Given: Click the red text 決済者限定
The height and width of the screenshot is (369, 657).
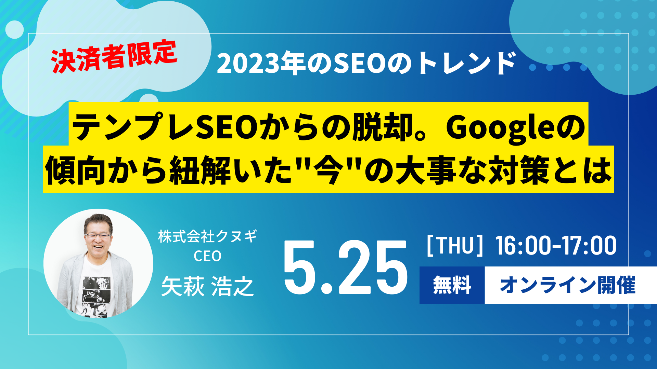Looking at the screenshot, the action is coord(114,56).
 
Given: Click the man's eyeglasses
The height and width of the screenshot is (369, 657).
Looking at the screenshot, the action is coord(98,235).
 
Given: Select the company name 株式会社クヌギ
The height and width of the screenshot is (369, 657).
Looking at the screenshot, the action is coord(207,236).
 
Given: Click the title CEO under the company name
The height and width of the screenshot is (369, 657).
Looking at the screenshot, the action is coord(207,256).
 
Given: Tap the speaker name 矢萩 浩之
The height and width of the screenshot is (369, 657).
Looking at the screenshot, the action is coord(207,286).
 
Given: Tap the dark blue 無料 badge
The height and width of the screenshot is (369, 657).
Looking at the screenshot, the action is coord(452,285).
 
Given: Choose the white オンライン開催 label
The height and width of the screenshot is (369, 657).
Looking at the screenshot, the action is coord(568,285).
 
